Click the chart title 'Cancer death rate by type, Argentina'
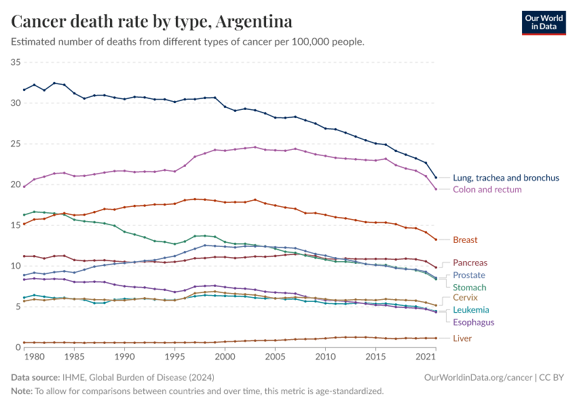click(152, 22)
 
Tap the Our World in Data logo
click(543, 22)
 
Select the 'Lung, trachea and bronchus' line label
click(506, 178)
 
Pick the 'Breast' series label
click(465, 239)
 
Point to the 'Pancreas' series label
click(470, 263)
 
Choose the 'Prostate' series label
click(469, 275)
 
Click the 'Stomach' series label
click(470, 288)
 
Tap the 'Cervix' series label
click(466, 297)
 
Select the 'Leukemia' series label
click(471, 310)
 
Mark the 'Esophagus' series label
click(474, 322)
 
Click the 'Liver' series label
click(462, 338)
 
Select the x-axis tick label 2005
click(275, 356)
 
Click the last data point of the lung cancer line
click(436, 178)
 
